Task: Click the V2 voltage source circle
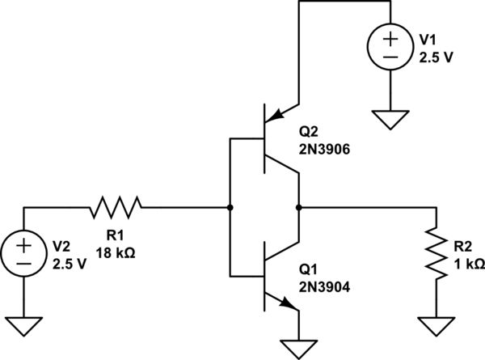coord(24,253)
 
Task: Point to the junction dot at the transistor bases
coord(230,207)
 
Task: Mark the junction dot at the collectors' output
coord(299,207)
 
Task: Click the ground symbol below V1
coord(390,121)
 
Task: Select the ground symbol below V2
coord(24,326)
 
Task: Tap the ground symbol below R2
coord(436,326)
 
